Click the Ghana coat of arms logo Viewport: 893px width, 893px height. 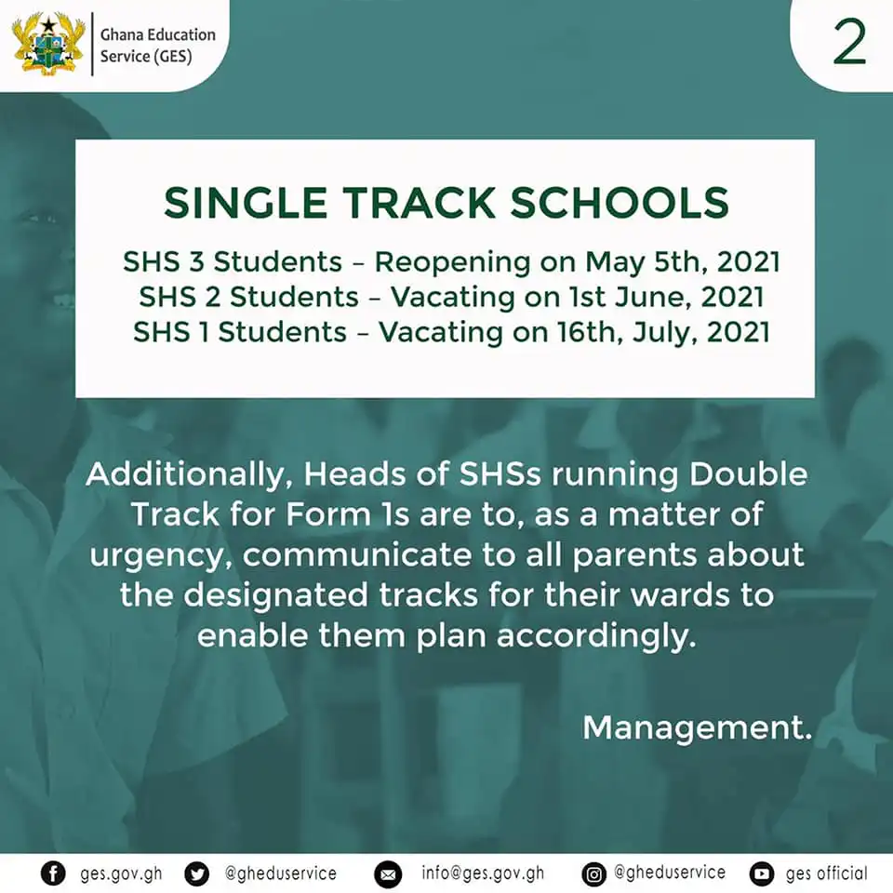point(48,44)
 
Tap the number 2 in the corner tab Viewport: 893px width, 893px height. point(849,45)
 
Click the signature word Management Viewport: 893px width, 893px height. point(697,727)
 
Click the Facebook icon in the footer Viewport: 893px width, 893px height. point(54,873)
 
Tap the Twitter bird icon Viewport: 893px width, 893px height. point(197,873)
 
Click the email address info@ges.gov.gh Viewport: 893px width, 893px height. point(483,873)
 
